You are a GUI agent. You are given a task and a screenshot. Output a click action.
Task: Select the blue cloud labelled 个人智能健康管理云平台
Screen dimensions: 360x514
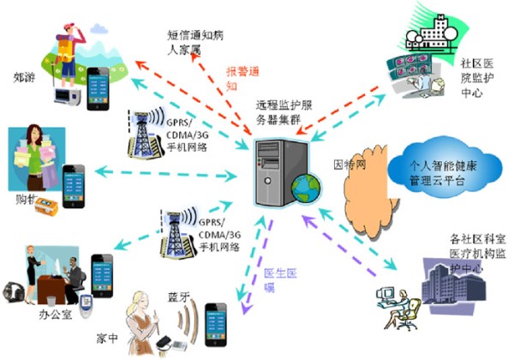point(437,166)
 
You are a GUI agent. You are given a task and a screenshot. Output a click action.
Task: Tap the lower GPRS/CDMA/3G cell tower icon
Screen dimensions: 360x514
point(180,236)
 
